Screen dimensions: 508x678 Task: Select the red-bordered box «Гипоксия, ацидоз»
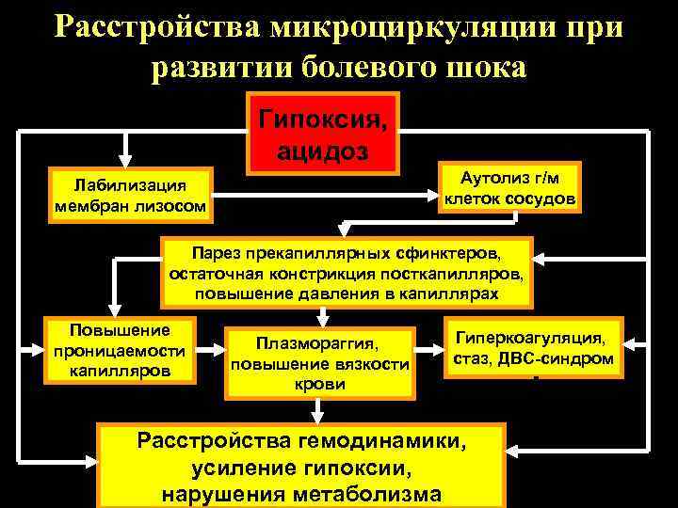pos(323,134)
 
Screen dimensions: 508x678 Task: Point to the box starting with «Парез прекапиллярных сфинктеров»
pos(347,274)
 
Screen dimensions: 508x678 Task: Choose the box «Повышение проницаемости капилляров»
pos(121,350)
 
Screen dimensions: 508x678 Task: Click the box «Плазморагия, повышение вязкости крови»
pos(320,363)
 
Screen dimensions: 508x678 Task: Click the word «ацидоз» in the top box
pos(323,151)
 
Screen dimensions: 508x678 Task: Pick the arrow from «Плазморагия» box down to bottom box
pos(320,409)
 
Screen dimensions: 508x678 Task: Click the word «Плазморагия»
pos(320,345)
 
